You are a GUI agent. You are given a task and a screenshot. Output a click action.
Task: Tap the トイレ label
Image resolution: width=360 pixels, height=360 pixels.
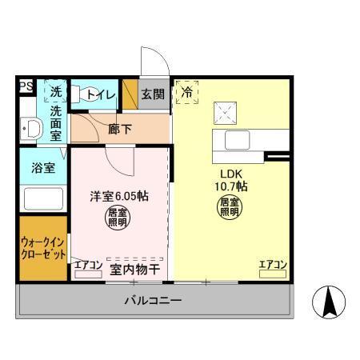(101, 94)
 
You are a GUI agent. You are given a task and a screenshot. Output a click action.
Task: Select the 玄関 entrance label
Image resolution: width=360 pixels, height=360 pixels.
(153, 94)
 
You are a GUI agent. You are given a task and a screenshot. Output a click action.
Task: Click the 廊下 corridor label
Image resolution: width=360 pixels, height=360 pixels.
(120, 128)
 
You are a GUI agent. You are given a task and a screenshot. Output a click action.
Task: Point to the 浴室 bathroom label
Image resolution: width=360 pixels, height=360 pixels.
(43, 169)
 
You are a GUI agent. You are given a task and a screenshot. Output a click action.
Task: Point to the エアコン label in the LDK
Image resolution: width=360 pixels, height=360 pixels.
(273, 265)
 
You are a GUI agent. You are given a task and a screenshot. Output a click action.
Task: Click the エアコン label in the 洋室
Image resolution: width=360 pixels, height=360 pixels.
(88, 265)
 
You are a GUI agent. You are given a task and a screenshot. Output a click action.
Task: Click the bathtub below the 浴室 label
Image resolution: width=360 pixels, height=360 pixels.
(43, 198)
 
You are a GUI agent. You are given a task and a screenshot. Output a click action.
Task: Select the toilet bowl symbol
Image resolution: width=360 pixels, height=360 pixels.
(90, 94)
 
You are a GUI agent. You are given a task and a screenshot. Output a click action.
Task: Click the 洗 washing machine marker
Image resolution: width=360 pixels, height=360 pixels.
(56, 91)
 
